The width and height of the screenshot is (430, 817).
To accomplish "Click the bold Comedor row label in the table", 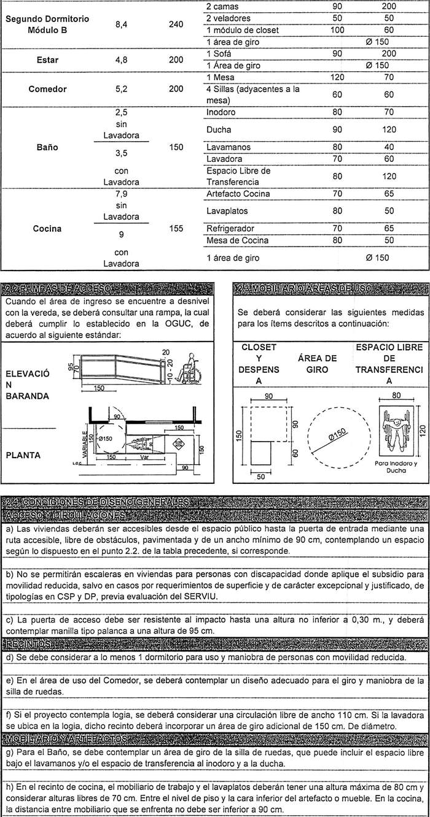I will pos(47,89).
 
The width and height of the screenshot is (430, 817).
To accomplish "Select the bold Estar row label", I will pos(47,61).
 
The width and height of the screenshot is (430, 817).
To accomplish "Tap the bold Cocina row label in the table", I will pos(47,229).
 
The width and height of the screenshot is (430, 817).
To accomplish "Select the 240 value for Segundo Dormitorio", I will pos(176,25).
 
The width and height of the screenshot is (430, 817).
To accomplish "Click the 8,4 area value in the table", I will pos(121,25).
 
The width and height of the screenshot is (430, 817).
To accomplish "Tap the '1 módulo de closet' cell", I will pos(242,30).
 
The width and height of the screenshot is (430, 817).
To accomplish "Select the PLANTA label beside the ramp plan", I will pos(23,456).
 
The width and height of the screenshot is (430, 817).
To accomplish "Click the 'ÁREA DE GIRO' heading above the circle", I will pos(317,364).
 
